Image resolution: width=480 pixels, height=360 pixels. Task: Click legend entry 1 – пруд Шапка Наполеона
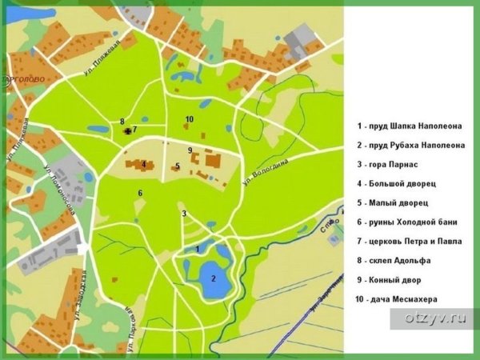(410, 126)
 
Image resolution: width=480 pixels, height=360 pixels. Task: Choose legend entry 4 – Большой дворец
(398, 183)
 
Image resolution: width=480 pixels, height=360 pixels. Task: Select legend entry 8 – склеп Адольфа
(394, 261)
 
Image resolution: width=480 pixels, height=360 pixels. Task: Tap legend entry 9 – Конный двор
(390, 280)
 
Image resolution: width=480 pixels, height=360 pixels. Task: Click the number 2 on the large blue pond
(213, 278)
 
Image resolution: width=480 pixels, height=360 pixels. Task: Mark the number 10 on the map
(189, 120)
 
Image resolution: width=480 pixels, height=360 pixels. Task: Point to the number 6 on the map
(140, 193)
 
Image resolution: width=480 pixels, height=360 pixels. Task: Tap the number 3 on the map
(184, 214)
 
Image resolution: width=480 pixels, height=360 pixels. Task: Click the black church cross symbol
(128, 129)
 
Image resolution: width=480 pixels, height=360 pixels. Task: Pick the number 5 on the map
(178, 166)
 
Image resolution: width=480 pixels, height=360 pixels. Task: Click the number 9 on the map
(190, 150)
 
